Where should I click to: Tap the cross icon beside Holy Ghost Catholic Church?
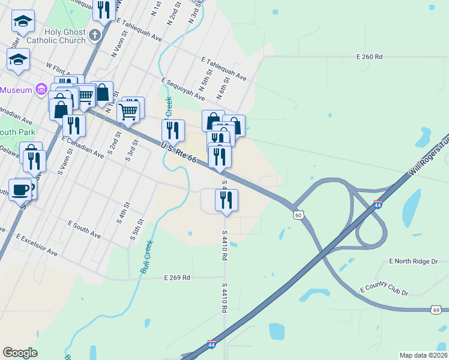pos(94,35)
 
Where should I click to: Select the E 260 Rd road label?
pos(369,56)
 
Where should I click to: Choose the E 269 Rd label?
pos(177,278)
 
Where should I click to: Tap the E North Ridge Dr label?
pos(414,261)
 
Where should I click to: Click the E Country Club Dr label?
pos(384,290)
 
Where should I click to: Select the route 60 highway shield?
pos(298,214)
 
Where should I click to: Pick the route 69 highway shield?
pos(436,309)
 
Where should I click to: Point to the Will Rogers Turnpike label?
pos(429,159)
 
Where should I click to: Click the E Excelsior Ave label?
pos(37,244)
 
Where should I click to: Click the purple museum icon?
pos(41,90)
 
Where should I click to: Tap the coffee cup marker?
pos(20,188)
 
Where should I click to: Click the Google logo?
pos(20,353)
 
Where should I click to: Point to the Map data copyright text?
pos(424,355)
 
